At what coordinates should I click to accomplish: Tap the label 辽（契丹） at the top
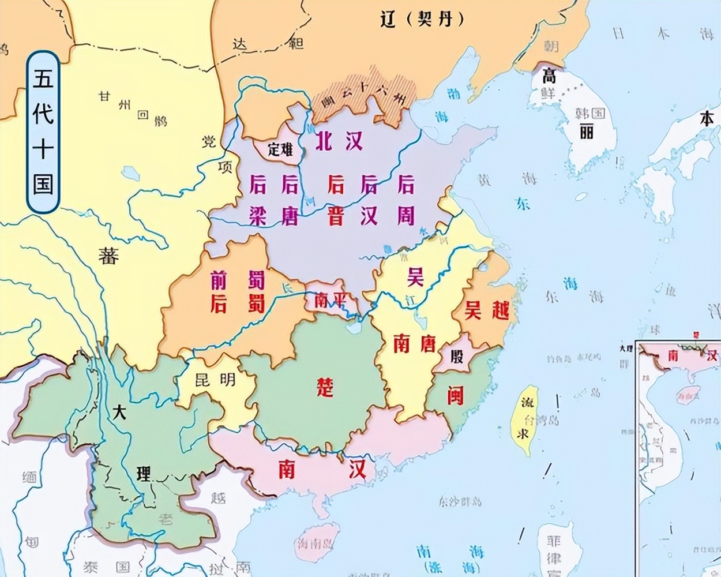click(422, 20)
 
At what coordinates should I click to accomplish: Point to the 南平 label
click(330, 301)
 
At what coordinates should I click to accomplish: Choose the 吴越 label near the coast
click(487, 310)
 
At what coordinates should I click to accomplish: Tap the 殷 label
click(457, 357)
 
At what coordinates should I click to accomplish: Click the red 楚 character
click(326, 387)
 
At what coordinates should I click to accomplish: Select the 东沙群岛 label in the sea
click(460, 500)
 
